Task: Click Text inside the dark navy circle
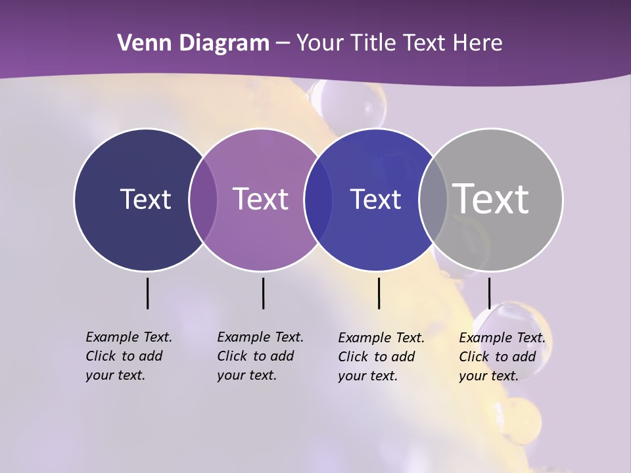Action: [145, 199]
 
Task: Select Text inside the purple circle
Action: [260, 199]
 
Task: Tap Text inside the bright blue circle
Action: [375, 199]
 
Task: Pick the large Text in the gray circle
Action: [490, 198]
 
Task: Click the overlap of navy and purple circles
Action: [203, 199]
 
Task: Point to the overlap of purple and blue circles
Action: [318, 199]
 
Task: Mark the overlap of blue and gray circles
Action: [433, 199]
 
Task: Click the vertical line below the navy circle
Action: [147, 293]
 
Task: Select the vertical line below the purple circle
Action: [263, 293]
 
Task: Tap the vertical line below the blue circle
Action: [379, 293]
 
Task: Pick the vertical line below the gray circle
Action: [489, 293]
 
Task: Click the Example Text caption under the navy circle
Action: [128, 356]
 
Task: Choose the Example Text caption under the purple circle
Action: [260, 356]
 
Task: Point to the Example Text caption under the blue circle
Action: [381, 357]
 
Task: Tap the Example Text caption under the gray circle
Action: [502, 357]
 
